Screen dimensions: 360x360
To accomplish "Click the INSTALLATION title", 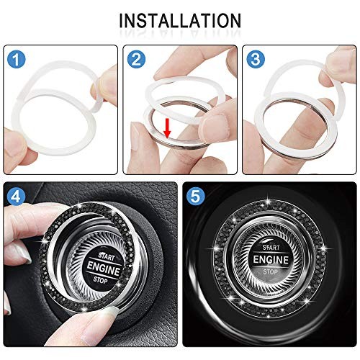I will (180, 19).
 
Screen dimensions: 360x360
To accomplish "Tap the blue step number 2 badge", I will (135, 58).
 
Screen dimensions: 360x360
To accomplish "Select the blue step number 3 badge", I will (254, 58).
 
